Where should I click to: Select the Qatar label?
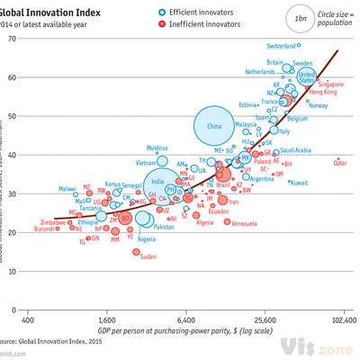(340, 164)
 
